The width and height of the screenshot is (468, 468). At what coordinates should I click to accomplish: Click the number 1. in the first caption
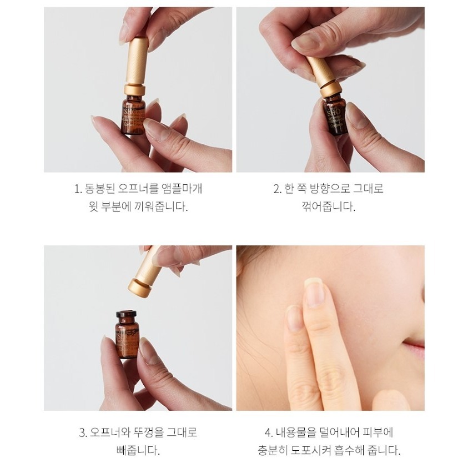[78, 189]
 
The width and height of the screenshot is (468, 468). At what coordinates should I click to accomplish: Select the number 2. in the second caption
[278, 189]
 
